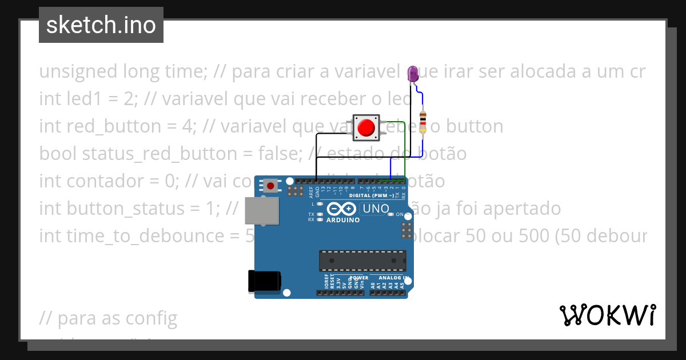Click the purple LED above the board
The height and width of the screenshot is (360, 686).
[x=413, y=73]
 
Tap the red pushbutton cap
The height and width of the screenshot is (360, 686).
[x=365, y=127]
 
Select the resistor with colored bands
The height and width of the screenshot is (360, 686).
[x=422, y=121]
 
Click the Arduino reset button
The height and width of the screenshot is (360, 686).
[x=270, y=185]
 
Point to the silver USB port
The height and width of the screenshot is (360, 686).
[x=261, y=210]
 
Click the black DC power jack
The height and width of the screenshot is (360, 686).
[x=264, y=281]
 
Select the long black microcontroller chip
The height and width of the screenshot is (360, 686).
[x=362, y=261]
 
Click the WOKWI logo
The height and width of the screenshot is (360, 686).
[x=607, y=315]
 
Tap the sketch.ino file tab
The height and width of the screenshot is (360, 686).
[x=101, y=25]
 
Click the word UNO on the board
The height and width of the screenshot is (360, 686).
[x=376, y=209]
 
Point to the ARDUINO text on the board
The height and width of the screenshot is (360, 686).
[x=343, y=219]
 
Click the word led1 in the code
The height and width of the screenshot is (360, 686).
[x=85, y=99]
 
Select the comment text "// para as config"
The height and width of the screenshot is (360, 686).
[x=108, y=318]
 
